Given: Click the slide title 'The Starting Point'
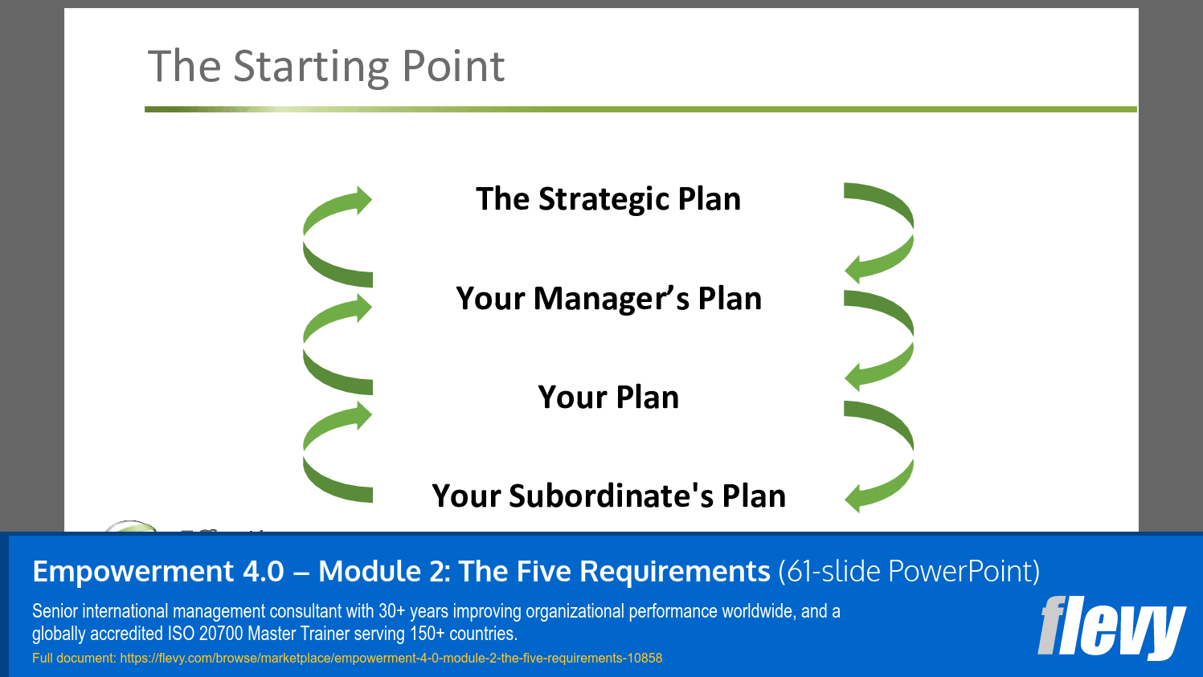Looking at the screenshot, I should tap(326, 66).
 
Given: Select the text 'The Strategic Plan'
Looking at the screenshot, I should tap(608, 199).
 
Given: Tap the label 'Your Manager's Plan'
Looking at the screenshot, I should tap(608, 299).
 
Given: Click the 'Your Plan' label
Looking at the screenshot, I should tap(608, 398).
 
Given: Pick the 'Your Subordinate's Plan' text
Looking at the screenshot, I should tap(608, 496).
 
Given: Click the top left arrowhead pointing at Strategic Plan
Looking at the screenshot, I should tap(362, 200).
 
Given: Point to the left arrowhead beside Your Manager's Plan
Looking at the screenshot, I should tap(362, 308).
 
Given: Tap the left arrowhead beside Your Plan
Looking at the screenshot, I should tap(362, 416).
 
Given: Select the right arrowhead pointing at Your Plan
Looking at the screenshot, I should tap(854, 376).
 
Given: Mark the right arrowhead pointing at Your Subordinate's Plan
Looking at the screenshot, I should tap(854, 498).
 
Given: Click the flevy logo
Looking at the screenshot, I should tap(1111, 627).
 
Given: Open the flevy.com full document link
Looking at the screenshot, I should tap(391, 659).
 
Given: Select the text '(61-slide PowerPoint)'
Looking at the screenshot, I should tap(909, 572).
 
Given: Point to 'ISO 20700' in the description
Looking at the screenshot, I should tap(205, 634).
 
